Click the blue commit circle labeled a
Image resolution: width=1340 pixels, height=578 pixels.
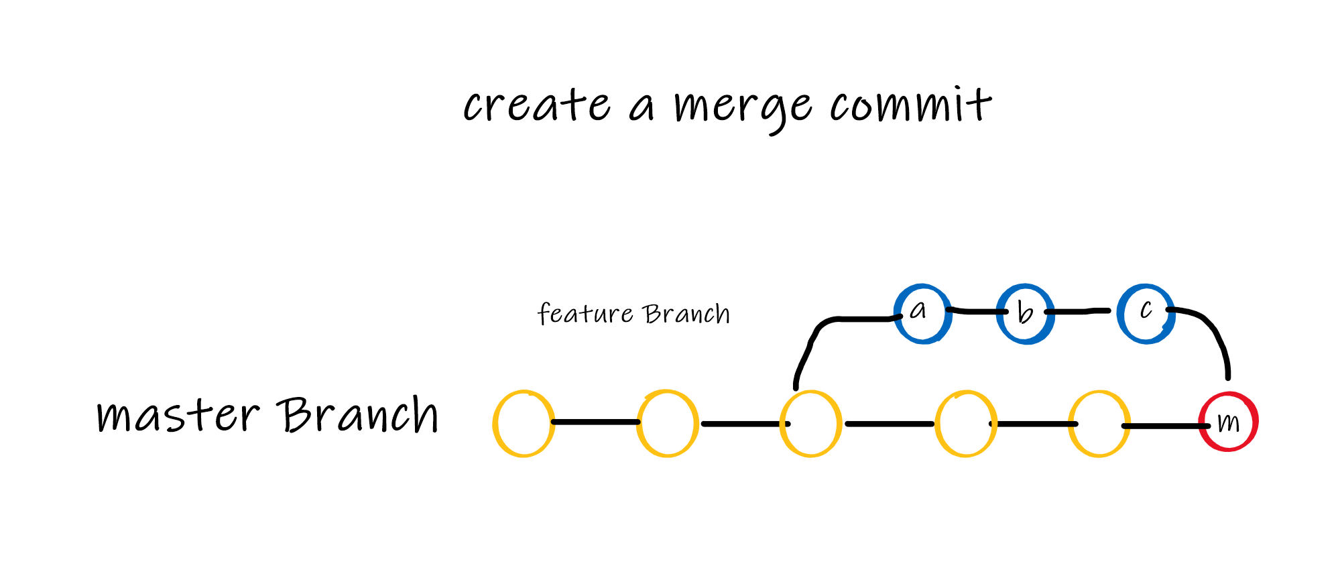tap(922, 314)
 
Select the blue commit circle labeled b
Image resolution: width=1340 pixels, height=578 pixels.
tap(1025, 314)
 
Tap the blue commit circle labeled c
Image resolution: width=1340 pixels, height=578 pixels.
tap(1146, 313)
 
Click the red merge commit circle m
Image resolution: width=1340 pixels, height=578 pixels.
tap(1228, 422)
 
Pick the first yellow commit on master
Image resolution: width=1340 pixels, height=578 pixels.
tap(524, 424)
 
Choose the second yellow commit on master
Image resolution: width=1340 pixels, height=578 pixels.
tap(668, 424)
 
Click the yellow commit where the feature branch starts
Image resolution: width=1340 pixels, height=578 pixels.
tap(811, 424)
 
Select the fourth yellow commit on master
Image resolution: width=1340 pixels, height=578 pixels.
tap(966, 424)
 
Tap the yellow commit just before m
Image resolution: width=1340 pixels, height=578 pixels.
tap(1099, 424)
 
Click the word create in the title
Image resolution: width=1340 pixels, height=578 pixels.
tap(536, 106)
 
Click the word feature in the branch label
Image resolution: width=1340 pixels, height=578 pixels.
tap(585, 314)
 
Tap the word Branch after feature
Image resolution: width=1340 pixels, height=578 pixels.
tap(686, 314)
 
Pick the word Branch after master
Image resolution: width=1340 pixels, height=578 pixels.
tap(359, 414)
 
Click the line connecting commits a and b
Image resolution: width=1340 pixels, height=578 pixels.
tap(975, 311)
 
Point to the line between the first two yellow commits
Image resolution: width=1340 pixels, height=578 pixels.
tap(595, 422)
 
